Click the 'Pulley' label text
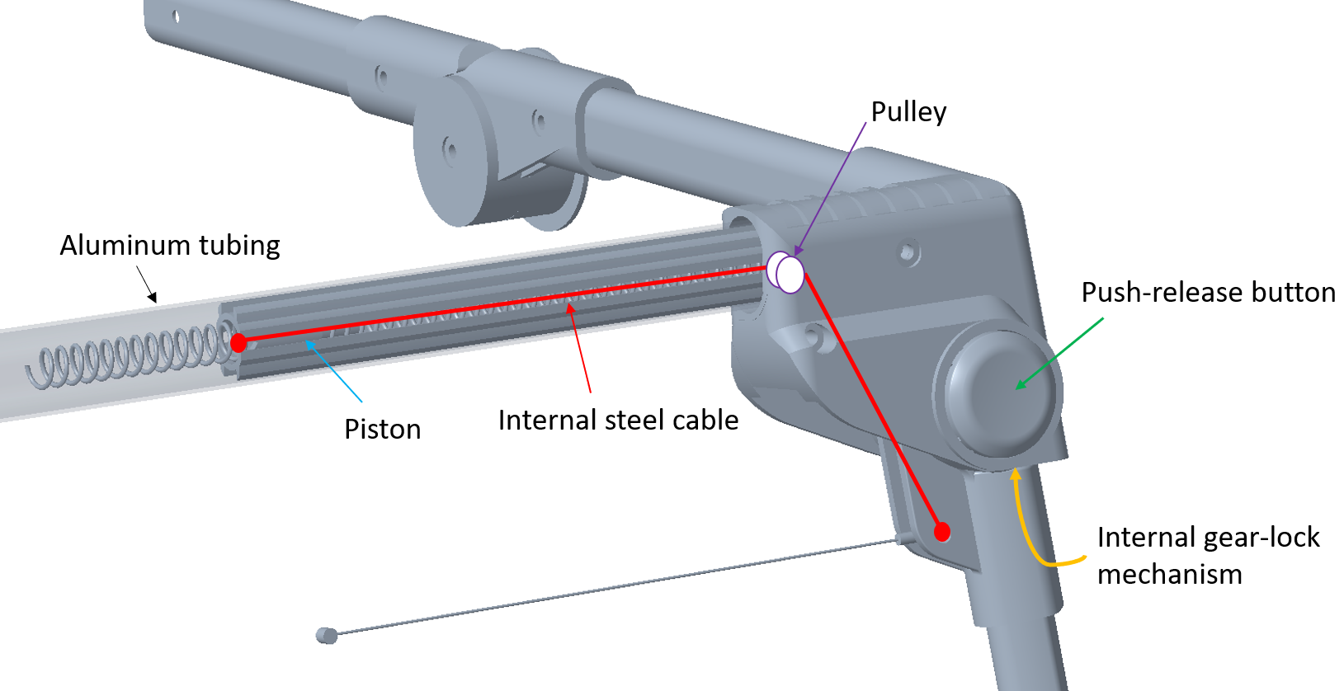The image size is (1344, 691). click(908, 112)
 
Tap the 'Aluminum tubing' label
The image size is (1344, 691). click(170, 246)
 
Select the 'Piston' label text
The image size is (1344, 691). click(382, 430)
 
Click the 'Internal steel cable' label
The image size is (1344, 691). click(618, 421)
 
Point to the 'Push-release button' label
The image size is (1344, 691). click(1208, 293)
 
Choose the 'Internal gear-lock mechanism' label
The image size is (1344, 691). click(1208, 555)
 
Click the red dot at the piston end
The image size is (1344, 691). click(238, 342)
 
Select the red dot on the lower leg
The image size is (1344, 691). click(942, 532)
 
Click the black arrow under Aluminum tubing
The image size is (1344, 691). click(146, 284)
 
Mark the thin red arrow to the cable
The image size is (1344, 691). click(578, 346)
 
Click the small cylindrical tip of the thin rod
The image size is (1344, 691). click(327, 635)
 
